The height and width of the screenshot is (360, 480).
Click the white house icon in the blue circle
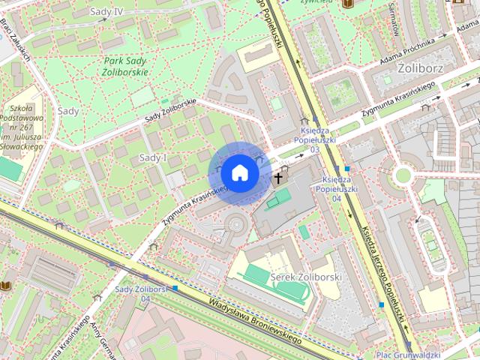(239, 173)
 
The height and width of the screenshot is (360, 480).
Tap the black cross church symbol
(278, 178)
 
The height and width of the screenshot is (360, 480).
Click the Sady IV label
(106, 12)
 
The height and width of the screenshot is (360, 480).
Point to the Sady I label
(153, 157)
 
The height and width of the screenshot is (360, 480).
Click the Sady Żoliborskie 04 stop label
(140, 293)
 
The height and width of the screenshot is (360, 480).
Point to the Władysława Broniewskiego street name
(255, 322)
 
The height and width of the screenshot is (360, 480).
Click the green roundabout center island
(403, 175)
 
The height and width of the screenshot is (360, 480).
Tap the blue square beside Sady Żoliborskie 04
(175, 287)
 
